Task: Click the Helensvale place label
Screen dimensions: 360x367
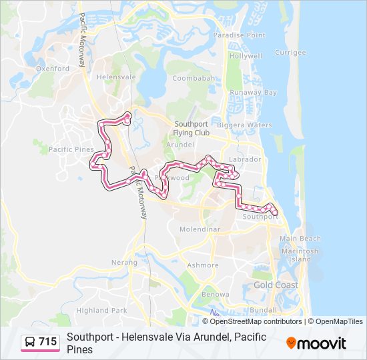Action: tap(116, 77)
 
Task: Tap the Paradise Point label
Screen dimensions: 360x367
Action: tap(239, 35)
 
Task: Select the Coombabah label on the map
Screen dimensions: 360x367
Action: tap(194, 78)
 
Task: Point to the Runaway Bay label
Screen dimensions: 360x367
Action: tap(253, 93)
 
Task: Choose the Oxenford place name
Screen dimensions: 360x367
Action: tap(53, 68)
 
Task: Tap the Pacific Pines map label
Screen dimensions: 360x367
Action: tap(71, 149)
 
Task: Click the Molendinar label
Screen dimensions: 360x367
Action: tap(200, 229)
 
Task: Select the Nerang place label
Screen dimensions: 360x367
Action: tap(124, 263)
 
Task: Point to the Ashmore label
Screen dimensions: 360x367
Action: tap(202, 265)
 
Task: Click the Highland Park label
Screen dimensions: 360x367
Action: tap(101, 310)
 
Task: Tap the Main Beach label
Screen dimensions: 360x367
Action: tap(300, 239)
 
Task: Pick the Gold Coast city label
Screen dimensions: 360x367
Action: tap(276, 285)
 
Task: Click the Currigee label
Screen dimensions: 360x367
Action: tap(290, 52)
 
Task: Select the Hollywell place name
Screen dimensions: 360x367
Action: tap(246, 57)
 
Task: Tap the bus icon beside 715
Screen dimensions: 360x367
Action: tap(30, 343)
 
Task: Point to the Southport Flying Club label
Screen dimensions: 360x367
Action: tap(192, 129)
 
